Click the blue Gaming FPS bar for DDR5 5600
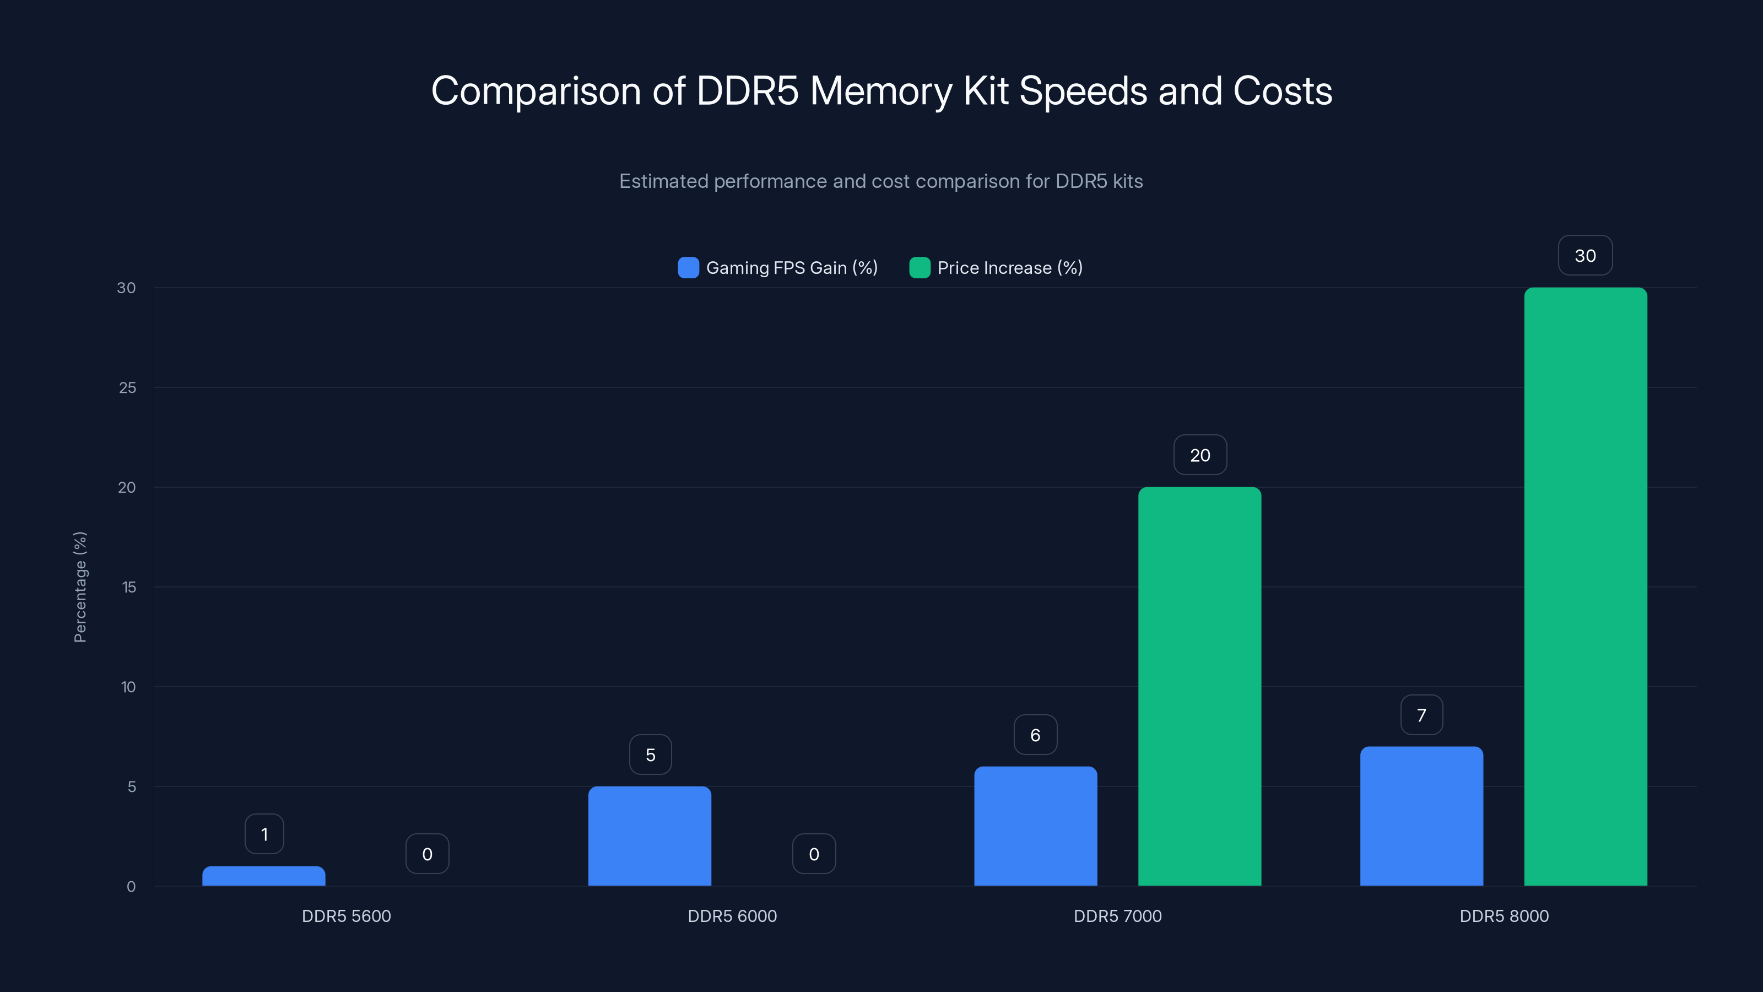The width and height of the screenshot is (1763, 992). click(x=263, y=876)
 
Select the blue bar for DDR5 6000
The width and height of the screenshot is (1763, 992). click(x=650, y=836)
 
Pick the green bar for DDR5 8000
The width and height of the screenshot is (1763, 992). click(x=1585, y=587)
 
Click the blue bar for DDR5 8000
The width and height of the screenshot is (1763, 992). click(x=1421, y=816)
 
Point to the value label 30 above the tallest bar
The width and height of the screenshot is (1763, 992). click(x=1585, y=255)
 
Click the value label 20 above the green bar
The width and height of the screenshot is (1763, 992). click(x=1200, y=455)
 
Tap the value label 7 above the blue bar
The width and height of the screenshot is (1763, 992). click(x=1421, y=715)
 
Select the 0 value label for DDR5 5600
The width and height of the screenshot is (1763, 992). click(x=427, y=854)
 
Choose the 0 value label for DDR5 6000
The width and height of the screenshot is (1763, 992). click(x=814, y=854)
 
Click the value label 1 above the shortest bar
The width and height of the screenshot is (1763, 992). click(x=264, y=834)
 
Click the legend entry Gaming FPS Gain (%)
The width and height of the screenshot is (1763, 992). click(x=791, y=268)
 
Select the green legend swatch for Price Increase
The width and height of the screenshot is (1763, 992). click(x=919, y=268)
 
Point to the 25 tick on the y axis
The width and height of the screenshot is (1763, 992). click(x=127, y=387)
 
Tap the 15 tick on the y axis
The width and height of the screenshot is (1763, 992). click(x=129, y=587)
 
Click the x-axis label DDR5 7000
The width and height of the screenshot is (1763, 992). click(x=1118, y=916)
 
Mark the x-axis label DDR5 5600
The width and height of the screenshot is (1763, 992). click(x=347, y=916)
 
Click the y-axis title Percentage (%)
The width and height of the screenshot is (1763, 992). click(x=80, y=587)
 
